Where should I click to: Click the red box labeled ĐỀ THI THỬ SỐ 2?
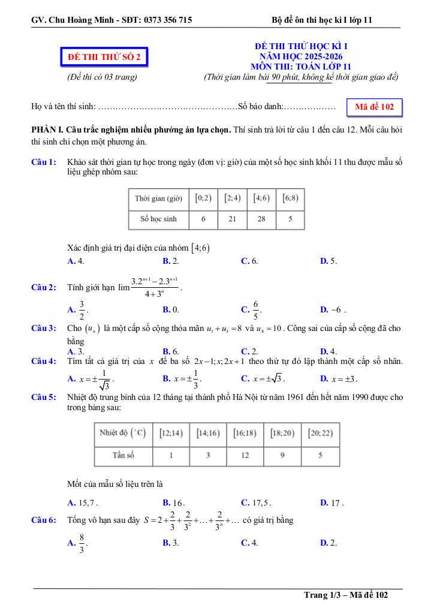104,57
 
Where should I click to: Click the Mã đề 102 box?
374,107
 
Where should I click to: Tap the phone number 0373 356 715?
168,20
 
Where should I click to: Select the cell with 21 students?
232,219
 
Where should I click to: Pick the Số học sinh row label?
158,219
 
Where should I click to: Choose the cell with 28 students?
261,219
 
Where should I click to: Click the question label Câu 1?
44,162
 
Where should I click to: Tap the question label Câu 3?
44,328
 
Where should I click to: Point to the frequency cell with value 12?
245,455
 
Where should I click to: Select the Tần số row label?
123,455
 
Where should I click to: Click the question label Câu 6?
44,520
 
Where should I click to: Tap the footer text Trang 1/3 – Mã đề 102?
346,595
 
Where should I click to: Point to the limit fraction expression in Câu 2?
155,287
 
